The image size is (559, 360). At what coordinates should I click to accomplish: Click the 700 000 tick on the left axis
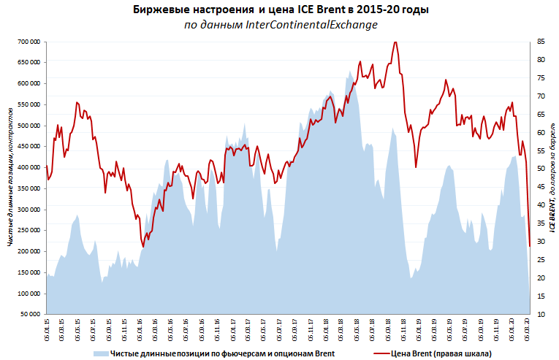pos(28,42)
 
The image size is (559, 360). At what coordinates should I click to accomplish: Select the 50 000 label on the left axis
pos(29,314)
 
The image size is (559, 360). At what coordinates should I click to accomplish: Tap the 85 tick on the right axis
pos(541,42)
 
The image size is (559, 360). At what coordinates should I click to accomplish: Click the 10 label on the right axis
pos(541,314)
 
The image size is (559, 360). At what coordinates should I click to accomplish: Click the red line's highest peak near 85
pos(395,42)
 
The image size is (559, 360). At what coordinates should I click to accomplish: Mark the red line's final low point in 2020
pos(529,245)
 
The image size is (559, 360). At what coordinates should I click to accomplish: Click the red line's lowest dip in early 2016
pos(143,247)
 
